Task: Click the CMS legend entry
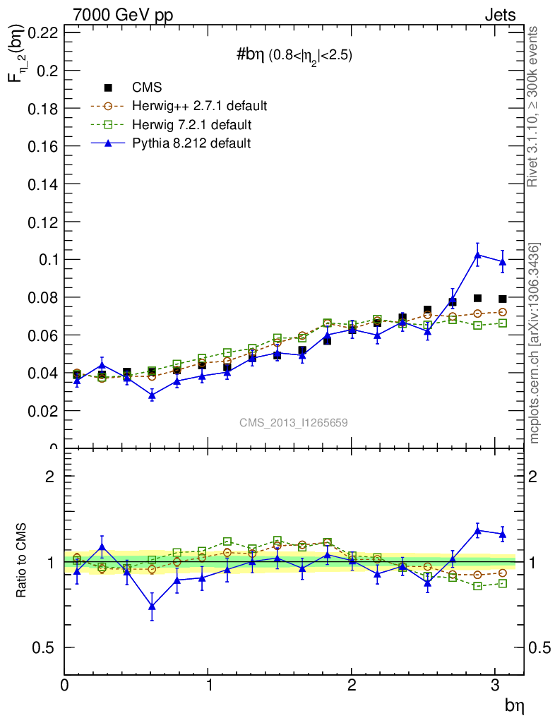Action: click(x=146, y=88)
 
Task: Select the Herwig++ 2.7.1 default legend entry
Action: click(x=199, y=107)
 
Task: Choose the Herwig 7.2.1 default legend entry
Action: click(x=191, y=125)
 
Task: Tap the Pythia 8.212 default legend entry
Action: click(x=191, y=143)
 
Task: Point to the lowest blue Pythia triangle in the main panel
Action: click(x=152, y=395)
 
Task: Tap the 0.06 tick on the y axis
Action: click(x=43, y=335)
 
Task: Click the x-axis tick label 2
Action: click(x=352, y=686)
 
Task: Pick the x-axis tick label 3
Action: click(x=496, y=686)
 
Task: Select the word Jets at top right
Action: click(x=499, y=15)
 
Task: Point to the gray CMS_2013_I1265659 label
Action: click(x=293, y=422)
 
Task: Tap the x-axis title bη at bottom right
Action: click(x=513, y=705)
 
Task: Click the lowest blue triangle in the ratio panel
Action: click(x=152, y=607)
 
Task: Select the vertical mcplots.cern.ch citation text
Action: click(x=535, y=344)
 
